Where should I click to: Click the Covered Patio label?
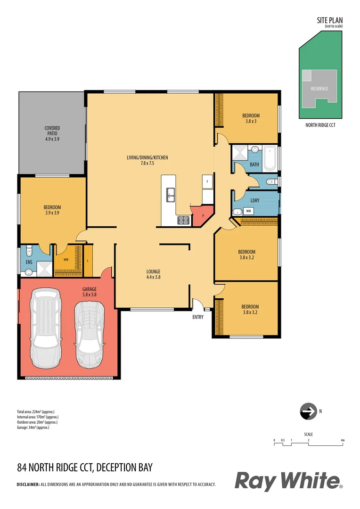coord(52,133)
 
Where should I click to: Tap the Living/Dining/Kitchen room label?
coord(147,160)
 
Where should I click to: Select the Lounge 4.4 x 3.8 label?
coord(153,274)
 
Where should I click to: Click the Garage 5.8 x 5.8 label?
coord(89,292)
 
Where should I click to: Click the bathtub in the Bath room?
coord(270,159)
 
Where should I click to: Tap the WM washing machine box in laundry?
coord(248,211)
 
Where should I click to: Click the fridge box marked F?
coord(207,181)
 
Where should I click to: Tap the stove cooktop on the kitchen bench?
coord(183,219)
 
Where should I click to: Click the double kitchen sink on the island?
coord(170,194)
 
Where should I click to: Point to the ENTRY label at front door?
coord(198,317)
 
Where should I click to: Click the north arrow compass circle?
coord(308,411)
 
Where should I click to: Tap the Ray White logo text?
coord(288,481)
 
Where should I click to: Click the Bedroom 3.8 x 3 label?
coord(251,118)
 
